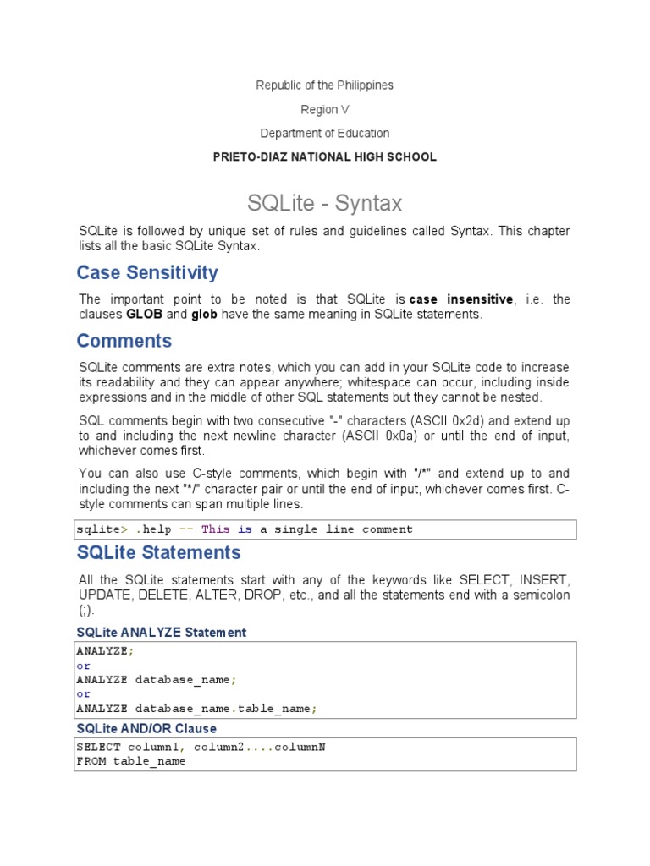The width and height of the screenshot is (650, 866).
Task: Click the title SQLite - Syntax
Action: [324, 203]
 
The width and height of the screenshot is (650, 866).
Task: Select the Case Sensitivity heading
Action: [146, 272]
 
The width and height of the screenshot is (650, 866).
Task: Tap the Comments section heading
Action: [124, 341]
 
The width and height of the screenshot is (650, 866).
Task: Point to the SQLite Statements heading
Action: [158, 552]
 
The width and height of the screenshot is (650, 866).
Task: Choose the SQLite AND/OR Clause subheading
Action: [146, 728]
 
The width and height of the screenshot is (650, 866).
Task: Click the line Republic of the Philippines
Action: [324, 85]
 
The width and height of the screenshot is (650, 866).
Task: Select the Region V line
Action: [324, 109]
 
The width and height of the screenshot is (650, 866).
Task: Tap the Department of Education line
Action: [324, 133]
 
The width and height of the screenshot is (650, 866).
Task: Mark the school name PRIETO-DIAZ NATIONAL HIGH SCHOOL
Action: [324, 156]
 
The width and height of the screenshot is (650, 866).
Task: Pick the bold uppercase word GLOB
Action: [144, 315]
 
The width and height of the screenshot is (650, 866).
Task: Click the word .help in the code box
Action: [152, 529]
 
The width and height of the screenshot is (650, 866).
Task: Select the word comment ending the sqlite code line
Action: [388, 529]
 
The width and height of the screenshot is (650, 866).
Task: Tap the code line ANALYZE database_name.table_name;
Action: [196, 709]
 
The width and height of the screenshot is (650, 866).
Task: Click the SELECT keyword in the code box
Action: [98, 747]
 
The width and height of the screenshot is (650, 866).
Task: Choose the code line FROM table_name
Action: [130, 760]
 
